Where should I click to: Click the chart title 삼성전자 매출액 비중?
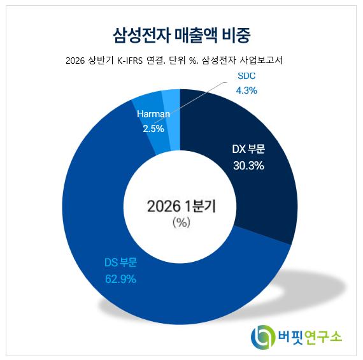[x=181, y=36]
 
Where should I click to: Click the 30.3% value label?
[x=248, y=166]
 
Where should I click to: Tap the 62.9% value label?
[x=120, y=279]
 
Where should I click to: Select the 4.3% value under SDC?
[x=246, y=90]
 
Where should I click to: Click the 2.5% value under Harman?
[x=153, y=128]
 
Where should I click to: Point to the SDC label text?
[x=246, y=76]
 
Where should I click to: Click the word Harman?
[x=153, y=114]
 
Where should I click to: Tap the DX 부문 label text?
[x=248, y=149]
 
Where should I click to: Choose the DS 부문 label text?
[x=120, y=263]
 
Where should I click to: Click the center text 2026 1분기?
[x=181, y=206]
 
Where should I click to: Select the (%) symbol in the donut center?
[x=181, y=222]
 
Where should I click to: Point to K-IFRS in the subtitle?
[x=130, y=61]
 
